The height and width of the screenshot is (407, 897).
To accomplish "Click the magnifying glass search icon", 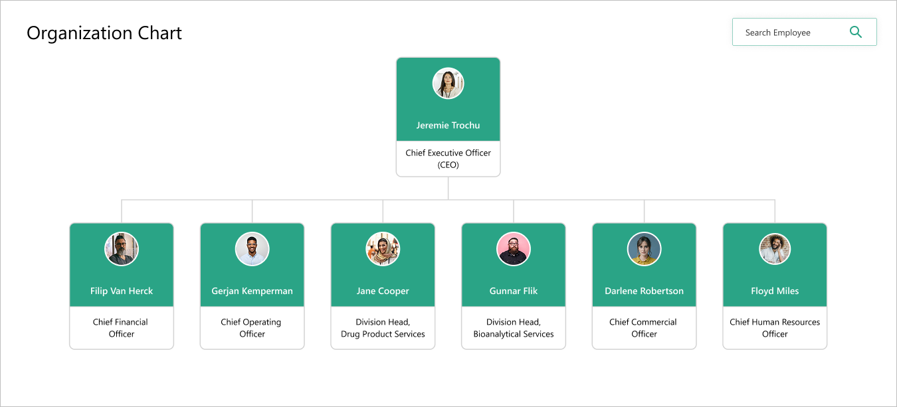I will [856, 32].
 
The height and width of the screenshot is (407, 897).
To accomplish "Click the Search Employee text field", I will [784, 33].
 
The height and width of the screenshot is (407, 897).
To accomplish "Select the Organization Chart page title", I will [104, 33].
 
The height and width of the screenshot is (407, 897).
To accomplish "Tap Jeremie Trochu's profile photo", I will [448, 84].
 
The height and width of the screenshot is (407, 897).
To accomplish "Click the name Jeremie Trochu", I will [448, 125].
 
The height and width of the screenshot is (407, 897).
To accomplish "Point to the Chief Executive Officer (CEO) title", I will [448, 159].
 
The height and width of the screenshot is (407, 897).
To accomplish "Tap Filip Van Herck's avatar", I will [122, 249].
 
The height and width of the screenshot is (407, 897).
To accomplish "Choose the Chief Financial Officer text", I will [121, 328].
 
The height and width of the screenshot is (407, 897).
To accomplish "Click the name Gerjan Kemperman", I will [252, 291].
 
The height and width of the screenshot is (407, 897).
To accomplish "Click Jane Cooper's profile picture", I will [383, 249].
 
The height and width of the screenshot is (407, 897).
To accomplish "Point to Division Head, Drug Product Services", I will [383, 328].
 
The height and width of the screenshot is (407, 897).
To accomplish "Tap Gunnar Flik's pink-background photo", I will [514, 249].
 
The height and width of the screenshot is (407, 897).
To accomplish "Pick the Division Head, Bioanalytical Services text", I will [514, 328].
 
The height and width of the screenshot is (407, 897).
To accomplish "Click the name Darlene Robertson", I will [644, 291].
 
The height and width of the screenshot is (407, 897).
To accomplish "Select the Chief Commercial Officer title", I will [643, 328].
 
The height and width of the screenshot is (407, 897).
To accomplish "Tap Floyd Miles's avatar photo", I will [775, 249].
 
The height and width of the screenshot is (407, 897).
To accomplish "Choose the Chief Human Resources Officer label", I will [775, 328].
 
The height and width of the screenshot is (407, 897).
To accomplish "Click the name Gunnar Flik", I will [514, 291].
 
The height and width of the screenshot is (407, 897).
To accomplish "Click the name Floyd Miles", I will [775, 291].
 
